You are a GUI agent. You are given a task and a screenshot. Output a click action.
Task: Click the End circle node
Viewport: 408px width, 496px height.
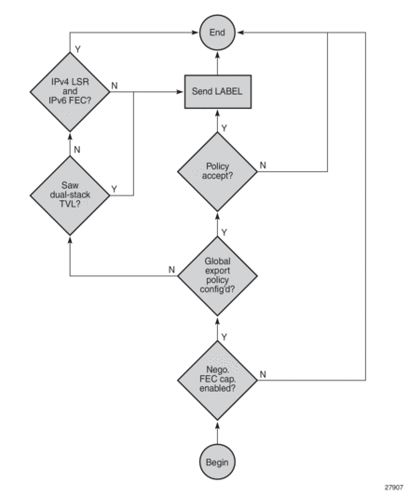tap(217, 33)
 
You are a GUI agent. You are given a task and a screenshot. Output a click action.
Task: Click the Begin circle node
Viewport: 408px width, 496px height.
tap(217, 460)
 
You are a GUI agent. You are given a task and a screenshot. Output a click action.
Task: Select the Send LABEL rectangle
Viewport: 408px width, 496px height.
tap(217, 92)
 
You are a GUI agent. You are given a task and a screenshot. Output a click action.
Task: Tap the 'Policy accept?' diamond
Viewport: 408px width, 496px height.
tap(217, 171)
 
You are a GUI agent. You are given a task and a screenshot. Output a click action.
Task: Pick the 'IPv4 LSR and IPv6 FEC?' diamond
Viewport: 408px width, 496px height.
tap(71, 92)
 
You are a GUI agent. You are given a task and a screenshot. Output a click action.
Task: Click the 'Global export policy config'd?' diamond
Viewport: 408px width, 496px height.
tap(217, 275)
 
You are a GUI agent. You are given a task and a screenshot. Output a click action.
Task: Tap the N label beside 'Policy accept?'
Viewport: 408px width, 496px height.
tap(265, 165)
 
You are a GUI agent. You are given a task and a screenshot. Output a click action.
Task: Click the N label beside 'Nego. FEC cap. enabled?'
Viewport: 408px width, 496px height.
tap(265, 373)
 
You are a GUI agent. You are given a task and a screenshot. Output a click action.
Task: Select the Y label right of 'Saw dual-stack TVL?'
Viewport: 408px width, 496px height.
tap(114, 187)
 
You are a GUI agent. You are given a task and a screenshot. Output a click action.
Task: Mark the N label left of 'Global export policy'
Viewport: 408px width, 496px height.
tap(171, 269)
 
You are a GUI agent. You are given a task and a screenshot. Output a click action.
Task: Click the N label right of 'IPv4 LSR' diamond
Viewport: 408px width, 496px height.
tap(114, 86)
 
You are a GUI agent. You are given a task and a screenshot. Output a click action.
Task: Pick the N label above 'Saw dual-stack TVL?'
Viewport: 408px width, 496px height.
tap(77, 147)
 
